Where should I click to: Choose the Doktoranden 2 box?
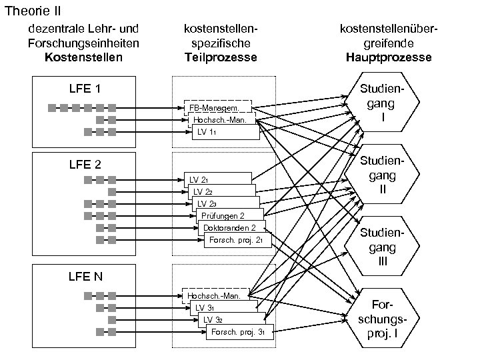click(229, 228)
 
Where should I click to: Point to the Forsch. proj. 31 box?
click(239, 331)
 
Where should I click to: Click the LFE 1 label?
click(85, 89)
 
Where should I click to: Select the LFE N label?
click(85, 276)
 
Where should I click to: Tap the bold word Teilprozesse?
click(221, 57)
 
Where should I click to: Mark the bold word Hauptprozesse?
click(389, 57)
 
